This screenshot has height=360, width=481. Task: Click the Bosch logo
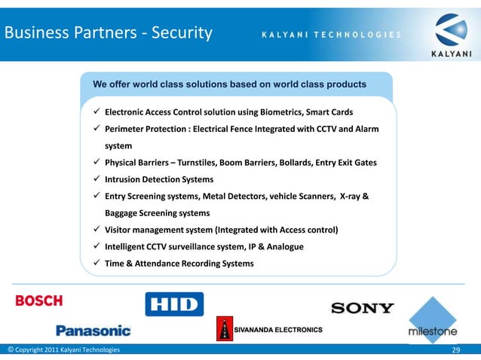pyautogui.click(x=39, y=301)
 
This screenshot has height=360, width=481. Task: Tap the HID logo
pyautogui.click(x=174, y=304)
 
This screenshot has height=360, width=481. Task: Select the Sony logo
pyautogui.click(x=362, y=307)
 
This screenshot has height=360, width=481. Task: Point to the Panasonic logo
pyautogui.click(x=93, y=330)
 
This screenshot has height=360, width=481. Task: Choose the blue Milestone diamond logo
pyautogui.click(x=433, y=318)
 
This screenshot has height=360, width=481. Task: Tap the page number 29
pyautogui.click(x=455, y=351)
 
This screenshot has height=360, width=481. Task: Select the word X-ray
pyautogui.click(x=351, y=196)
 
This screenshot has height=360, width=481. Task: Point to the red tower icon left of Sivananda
pyautogui.click(x=224, y=330)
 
